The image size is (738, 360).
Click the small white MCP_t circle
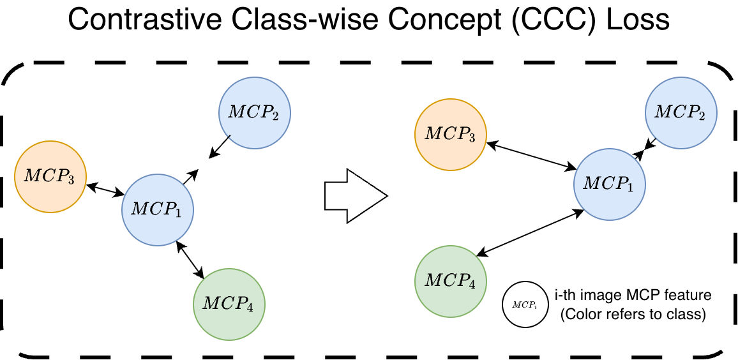tap(525, 304)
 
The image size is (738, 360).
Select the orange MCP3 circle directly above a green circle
tap(451, 135)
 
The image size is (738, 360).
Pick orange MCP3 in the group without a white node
tap(50, 177)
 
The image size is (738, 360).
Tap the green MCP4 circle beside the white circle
tap(451, 281)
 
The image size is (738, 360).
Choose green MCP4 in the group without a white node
tap(229, 304)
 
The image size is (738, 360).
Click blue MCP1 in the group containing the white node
tap(610, 184)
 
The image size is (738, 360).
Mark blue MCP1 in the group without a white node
tap(158, 210)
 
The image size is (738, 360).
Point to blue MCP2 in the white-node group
tap(681, 113)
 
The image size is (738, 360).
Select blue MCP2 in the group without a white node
tap(255, 113)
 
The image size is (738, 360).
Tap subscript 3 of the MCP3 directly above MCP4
tap(472, 139)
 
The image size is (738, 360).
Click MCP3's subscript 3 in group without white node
tap(71, 181)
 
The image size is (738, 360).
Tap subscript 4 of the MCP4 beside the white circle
tap(472, 285)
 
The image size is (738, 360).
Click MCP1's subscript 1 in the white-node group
tap(630, 188)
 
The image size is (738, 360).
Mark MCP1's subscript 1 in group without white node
tap(178, 214)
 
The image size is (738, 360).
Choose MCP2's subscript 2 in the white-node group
tap(702, 117)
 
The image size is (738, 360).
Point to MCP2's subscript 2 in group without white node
tap(275, 117)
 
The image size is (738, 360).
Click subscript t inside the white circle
tap(535, 306)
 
